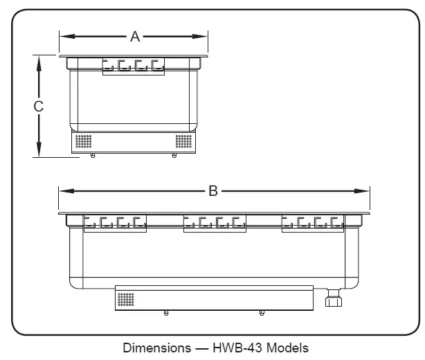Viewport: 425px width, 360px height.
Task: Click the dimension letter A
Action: (135, 37)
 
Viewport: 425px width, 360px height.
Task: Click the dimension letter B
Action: (213, 190)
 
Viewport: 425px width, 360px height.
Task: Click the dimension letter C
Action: (39, 107)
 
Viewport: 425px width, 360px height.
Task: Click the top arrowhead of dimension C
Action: (39, 60)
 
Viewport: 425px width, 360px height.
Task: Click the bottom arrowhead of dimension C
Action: (39, 153)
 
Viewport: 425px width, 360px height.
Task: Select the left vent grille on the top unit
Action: (83, 141)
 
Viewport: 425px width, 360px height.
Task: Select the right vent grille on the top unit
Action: (183, 141)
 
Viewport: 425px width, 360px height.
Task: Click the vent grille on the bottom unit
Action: (125, 299)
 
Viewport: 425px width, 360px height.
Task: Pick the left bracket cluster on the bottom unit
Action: (116, 223)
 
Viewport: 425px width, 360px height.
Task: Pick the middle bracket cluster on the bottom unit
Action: (215, 223)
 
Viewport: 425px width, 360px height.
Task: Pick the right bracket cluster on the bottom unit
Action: (313, 223)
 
